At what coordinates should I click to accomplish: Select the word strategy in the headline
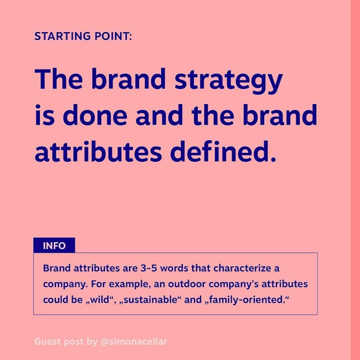tap(228, 80)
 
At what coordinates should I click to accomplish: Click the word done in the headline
tap(95, 115)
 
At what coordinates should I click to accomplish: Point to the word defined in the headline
tap(223, 151)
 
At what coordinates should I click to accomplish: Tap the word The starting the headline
tap(59, 78)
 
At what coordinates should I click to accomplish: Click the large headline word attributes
tap(98, 151)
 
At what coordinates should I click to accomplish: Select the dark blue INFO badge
tap(54, 245)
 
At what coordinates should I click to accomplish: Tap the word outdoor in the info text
tap(187, 284)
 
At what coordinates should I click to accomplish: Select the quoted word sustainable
tap(149, 300)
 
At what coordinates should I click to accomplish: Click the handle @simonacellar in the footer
tap(133, 342)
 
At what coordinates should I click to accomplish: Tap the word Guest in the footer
tap(48, 342)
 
